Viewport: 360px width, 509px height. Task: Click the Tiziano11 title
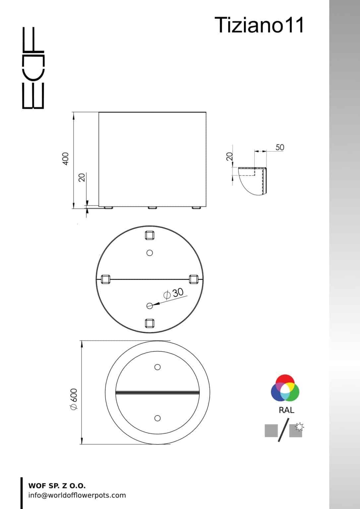tap(259, 25)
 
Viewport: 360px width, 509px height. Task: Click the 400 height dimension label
tap(65, 159)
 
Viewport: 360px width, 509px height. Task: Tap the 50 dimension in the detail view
tap(280, 147)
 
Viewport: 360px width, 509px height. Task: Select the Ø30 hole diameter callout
tap(173, 294)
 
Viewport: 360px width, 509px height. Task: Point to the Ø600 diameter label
tap(74, 399)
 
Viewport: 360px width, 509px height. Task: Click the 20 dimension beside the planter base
tap(82, 178)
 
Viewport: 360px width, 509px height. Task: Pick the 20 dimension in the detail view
tap(230, 156)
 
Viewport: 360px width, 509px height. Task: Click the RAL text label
tap(286, 410)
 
